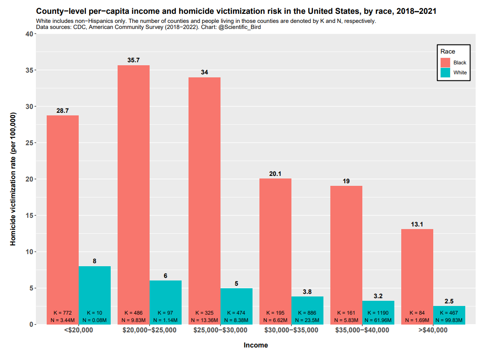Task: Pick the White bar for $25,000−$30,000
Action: point(237,298)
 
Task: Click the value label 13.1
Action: point(417,225)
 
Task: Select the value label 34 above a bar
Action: point(205,72)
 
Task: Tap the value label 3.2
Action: point(378,296)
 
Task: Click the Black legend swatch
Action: point(445,63)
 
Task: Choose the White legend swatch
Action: point(445,73)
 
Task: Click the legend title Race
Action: point(448,51)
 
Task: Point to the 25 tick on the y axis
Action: point(27,143)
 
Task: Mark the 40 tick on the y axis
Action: point(27,34)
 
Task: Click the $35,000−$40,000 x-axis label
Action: point(362,330)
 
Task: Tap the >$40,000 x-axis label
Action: point(433,330)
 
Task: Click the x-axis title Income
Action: point(256,345)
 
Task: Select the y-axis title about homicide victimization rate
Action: point(13,179)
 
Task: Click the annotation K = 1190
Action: point(378,312)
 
